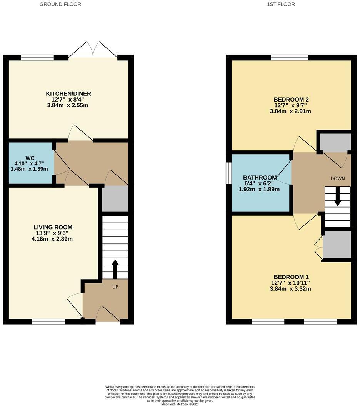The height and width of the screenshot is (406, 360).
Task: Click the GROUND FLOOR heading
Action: pos(60,4)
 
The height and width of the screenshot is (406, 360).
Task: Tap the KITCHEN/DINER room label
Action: pos(68,94)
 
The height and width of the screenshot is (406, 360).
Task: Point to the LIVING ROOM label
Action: pos(53,227)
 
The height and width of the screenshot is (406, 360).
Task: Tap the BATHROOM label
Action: pos(260,178)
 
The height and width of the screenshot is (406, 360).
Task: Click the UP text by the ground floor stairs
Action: pos(115,287)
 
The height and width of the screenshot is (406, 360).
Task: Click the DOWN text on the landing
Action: pos(337,178)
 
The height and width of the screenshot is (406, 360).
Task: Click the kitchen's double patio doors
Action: pos(93,50)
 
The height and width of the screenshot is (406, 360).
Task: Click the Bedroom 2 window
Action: pos(289,58)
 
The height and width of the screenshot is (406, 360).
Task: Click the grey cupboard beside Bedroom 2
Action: pos(335,142)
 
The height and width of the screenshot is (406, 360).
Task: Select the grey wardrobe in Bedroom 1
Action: pos(337,245)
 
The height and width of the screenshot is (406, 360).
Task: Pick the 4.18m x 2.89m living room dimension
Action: pos(53,239)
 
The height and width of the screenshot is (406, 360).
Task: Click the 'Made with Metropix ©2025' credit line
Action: pos(180,404)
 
